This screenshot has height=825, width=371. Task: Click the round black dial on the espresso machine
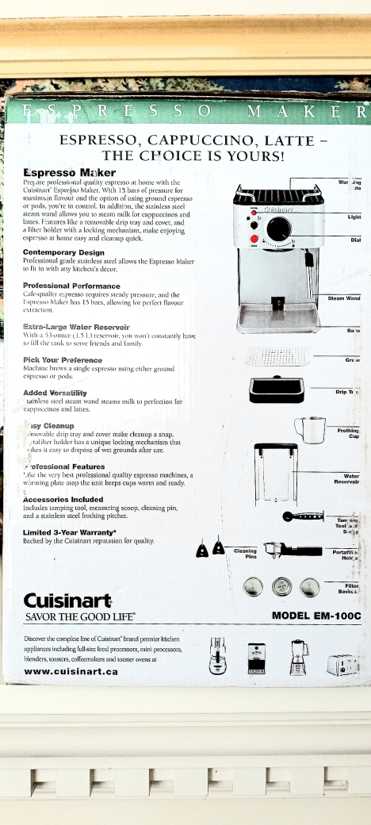[x=278, y=228]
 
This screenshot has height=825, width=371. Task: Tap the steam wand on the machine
[x=309, y=258]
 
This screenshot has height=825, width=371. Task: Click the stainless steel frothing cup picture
[x=310, y=430]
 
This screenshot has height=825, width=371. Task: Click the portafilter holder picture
[x=290, y=550]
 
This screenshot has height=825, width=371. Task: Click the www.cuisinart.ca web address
[x=71, y=671]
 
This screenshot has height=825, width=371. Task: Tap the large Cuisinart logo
[x=68, y=599]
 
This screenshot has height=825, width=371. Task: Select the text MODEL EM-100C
[x=316, y=616]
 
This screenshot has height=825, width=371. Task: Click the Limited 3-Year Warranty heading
[x=70, y=532]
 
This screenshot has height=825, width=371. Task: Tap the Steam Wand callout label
[x=344, y=298]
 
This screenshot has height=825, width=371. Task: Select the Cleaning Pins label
[x=246, y=553]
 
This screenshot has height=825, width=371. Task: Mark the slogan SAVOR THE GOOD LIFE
[x=79, y=616]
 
